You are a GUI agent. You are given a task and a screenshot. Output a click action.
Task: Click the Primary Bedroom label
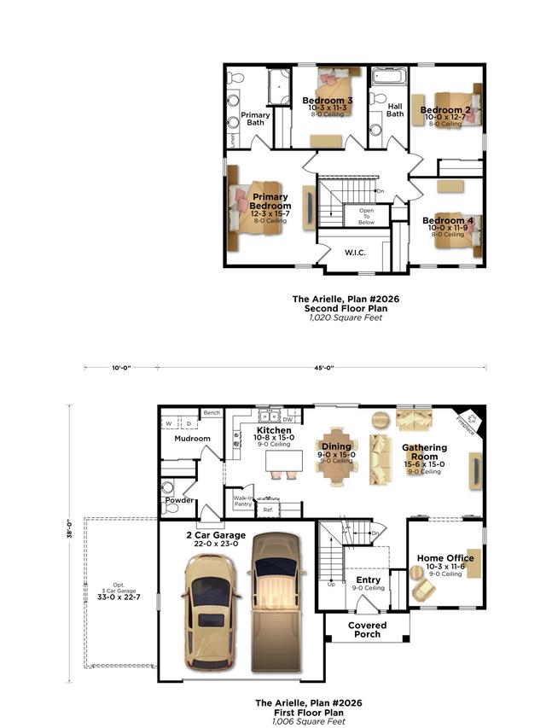[x=270, y=201]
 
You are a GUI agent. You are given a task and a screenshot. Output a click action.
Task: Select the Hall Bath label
[x=395, y=110]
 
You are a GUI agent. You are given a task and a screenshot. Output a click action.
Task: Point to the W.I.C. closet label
[x=355, y=253]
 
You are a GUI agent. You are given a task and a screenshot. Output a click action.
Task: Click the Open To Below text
[x=366, y=216]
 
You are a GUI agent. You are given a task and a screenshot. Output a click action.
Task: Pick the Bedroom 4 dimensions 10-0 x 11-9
[x=452, y=229]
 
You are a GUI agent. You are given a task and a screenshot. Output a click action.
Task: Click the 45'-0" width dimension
[x=322, y=368]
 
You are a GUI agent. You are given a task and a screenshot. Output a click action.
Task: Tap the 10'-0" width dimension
[x=122, y=368]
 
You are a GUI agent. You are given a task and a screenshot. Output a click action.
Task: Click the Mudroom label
[x=192, y=439]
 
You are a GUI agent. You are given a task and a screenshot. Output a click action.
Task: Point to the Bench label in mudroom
[x=212, y=413]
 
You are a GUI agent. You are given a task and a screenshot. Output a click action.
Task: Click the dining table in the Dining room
[x=336, y=451]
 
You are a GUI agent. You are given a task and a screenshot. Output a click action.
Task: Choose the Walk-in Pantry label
[x=242, y=502]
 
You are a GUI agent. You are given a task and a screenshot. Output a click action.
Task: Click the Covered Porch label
[x=367, y=630]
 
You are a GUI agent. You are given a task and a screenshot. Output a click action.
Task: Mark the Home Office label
[x=445, y=558]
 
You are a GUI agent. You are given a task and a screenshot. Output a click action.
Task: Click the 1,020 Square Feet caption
[x=346, y=318]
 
